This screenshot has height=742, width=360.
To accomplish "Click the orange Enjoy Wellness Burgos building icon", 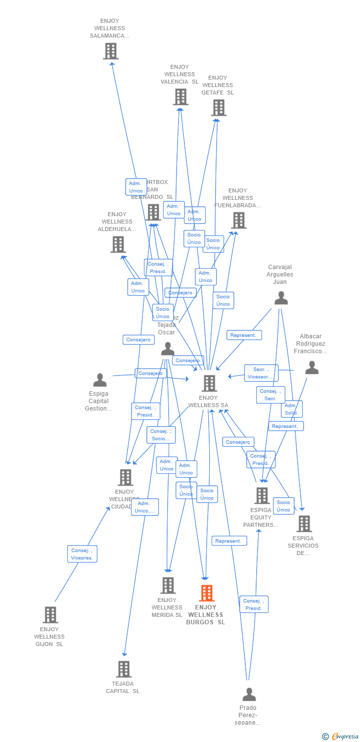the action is coord(207,593).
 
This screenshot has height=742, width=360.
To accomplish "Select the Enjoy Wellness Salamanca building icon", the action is coord(111,51).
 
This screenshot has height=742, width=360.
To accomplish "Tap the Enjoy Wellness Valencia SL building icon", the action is coord(180,97).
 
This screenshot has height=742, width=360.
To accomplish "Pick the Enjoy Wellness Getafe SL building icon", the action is coord(219,107).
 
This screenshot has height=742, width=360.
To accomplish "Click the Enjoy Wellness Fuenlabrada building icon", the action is coord(238,220).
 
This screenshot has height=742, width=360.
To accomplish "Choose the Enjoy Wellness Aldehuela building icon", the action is coord(118,244).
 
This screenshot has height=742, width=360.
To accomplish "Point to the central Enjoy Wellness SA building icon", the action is coord(209,383).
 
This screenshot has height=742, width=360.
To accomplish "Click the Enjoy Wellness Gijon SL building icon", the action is coord(50,615).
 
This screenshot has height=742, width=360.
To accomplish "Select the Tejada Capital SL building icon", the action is coord(124,669).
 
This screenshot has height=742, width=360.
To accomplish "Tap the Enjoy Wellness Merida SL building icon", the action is coord(168,585).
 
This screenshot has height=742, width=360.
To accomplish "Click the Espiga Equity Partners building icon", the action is coord(262,495).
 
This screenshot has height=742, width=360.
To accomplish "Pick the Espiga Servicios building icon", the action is coord(304,523).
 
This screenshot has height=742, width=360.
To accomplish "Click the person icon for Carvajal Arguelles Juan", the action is coord(281,298).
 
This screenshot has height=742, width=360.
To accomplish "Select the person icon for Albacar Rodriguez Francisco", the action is coord(312,368).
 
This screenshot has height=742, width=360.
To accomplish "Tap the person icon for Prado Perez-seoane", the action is coord(249,694).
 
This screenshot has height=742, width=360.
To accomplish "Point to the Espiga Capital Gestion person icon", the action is coord(100,380).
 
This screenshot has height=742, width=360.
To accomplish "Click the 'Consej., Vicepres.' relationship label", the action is coord(82,554).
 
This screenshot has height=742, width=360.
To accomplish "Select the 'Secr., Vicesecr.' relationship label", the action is coord(261,373).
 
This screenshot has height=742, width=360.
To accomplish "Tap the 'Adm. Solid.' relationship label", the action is coord(291,409).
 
